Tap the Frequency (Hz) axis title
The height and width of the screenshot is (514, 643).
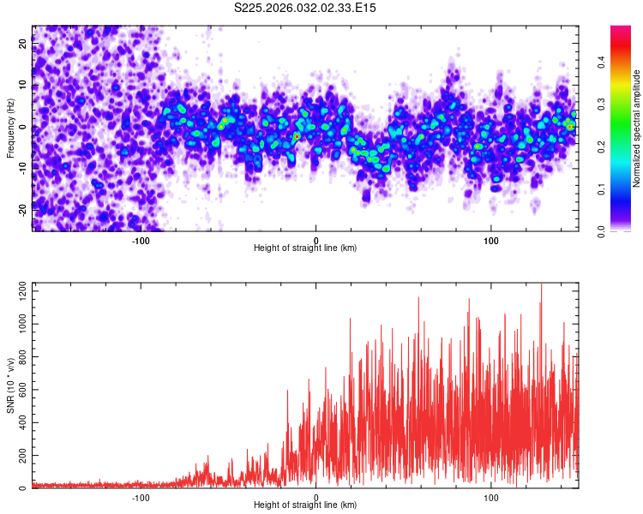[10, 128]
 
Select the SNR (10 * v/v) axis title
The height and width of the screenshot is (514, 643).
[10, 385]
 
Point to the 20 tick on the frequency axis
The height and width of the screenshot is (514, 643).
[23, 45]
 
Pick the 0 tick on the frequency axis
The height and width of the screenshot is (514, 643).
[23, 127]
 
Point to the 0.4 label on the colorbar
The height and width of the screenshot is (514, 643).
[603, 62]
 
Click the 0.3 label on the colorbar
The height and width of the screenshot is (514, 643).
[603, 104]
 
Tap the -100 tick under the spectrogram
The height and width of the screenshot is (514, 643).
[141, 240]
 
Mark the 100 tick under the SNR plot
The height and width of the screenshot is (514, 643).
[491, 497]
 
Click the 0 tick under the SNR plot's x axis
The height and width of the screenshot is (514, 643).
[315, 497]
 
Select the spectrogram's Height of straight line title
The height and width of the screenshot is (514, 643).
[305, 248]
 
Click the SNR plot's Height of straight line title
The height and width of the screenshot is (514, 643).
[305, 505]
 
